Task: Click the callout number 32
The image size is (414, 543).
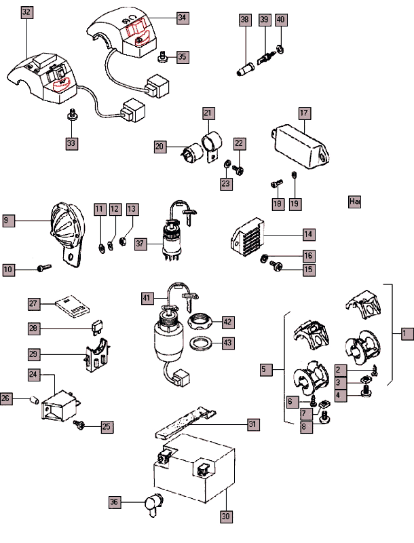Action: (x=26, y=13)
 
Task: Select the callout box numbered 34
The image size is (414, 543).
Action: (x=182, y=19)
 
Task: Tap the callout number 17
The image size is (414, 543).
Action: (x=303, y=113)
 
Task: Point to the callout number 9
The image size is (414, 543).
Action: (x=7, y=220)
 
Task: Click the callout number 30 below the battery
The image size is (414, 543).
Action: (x=225, y=516)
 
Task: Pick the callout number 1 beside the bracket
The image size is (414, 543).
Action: (x=406, y=333)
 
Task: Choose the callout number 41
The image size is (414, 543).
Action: (x=147, y=297)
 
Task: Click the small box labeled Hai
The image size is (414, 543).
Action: (x=354, y=202)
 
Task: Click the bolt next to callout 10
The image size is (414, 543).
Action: (x=43, y=269)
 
